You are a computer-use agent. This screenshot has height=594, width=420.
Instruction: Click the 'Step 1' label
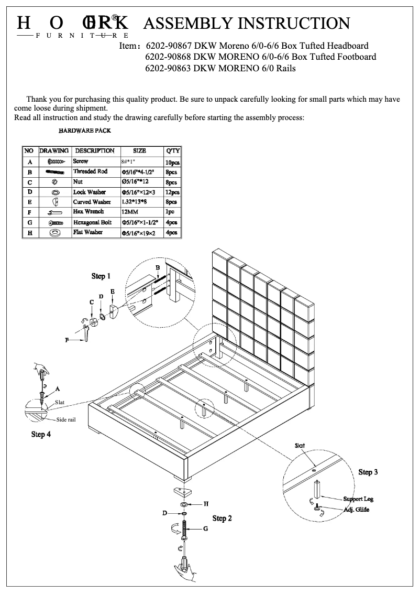click(101, 276)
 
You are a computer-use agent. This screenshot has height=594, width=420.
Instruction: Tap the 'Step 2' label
click(222, 518)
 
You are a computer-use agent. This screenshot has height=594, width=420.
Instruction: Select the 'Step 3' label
click(368, 472)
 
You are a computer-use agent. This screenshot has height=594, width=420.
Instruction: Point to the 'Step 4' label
click(41, 434)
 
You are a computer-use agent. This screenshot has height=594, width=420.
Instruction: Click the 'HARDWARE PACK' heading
click(84, 131)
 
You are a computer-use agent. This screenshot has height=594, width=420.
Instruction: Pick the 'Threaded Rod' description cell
click(90, 171)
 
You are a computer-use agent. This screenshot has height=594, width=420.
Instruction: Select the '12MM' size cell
click(130, 212)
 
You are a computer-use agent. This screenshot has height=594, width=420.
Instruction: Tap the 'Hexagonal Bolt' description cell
click(92, 222)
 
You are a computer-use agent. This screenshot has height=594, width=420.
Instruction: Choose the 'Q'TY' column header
click(172, 151)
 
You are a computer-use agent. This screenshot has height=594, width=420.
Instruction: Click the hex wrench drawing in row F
click(55, 212)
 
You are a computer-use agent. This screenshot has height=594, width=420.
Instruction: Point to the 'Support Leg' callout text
click(358, 499)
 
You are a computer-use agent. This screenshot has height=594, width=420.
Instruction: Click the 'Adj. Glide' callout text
click(356, 510)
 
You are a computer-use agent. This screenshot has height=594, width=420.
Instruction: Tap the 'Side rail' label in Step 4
click(67, 420)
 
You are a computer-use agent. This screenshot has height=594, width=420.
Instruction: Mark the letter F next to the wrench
click(67, 340)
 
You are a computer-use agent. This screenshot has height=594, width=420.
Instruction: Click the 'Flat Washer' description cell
click(87, 232)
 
